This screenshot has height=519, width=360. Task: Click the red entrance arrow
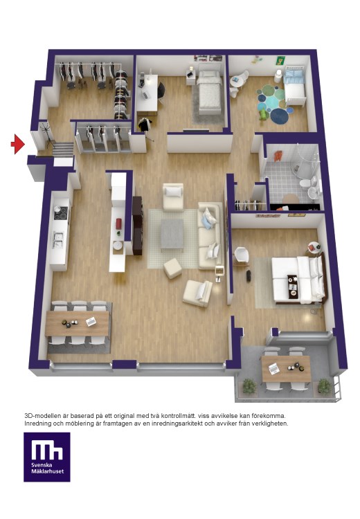tap(17, 144)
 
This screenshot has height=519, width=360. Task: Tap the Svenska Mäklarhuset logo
tap(46, 457)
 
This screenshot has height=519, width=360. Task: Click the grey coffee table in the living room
tap(172, 235)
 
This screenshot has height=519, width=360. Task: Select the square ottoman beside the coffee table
tap(172, 268)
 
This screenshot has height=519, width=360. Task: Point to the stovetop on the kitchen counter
tap(61, 213)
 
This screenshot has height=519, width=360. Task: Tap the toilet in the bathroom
tap(305, 183)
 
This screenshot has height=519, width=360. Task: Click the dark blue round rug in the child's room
tap(279, 116)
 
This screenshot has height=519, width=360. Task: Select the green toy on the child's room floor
tap(263, 114)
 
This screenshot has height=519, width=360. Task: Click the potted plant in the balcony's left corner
tap(249, 386)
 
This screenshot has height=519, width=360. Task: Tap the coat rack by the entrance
tap(46, 135)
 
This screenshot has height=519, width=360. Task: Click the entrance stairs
tap(63, 149)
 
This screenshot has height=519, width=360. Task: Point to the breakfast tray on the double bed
tap(293, 286)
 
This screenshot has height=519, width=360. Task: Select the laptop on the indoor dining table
tap(91, 321)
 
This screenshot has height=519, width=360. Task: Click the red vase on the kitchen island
tap(119, 224)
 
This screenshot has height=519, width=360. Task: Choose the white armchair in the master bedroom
tap(242, 256)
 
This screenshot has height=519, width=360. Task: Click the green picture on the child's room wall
tap(280, 61)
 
